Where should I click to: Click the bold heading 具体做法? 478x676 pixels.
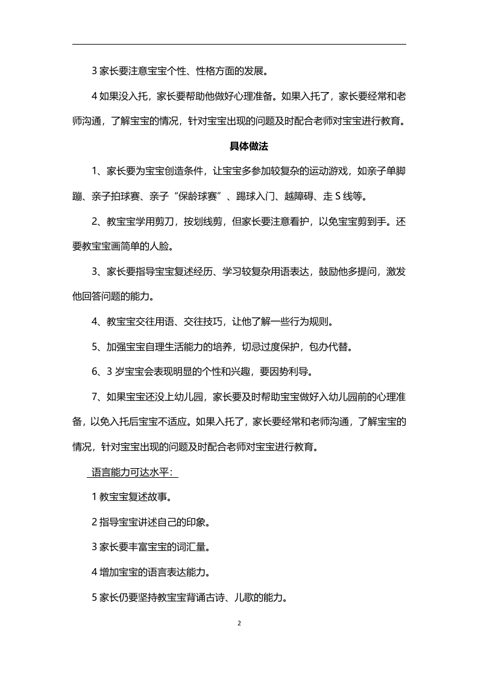[239, 146]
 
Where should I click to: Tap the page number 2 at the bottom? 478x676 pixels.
[239, 623]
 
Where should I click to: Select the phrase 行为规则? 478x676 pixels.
[310, 321]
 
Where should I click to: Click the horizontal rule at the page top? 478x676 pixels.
[239, 44]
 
